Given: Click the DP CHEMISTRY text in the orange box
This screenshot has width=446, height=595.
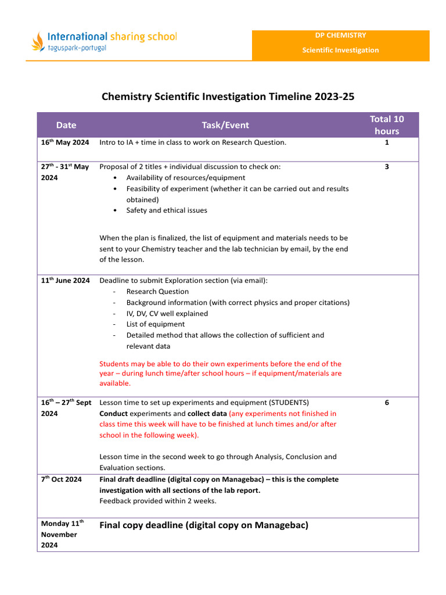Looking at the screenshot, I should [x=340, y=35].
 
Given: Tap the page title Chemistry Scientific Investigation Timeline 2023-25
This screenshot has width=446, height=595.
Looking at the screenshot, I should [x=228, y=96].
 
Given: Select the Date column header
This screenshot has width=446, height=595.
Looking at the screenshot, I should [x=66, y=125].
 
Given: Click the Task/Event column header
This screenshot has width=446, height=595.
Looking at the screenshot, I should [x=225, y=125].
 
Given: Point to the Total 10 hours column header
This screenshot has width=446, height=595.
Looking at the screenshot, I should [x=387, y=125].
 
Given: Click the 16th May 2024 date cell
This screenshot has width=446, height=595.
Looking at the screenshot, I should [x=65, y=142].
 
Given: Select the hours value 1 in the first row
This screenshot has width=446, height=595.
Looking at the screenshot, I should [x=387, y=142].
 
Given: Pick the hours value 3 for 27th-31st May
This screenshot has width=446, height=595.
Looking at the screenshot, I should [x=387, y=167].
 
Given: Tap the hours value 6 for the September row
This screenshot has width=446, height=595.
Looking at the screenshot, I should [x=387, y=402].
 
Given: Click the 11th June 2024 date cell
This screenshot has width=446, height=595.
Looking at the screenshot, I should [x=65, y=281].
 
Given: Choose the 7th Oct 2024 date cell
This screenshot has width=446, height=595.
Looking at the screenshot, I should [x=62, y=479].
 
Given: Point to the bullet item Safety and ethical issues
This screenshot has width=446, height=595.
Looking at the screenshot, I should [x=167, y=210].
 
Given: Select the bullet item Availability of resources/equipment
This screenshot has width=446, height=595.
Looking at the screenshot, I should [x=186, y=178].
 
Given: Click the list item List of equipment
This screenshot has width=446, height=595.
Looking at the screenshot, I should [x=156, y=324].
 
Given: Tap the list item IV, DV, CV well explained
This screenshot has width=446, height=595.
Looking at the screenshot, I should [x=167, y=313].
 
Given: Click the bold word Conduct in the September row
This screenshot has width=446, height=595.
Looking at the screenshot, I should [x=113, y=414].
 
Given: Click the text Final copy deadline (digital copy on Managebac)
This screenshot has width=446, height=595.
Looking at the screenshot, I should [x=204, y=525].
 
